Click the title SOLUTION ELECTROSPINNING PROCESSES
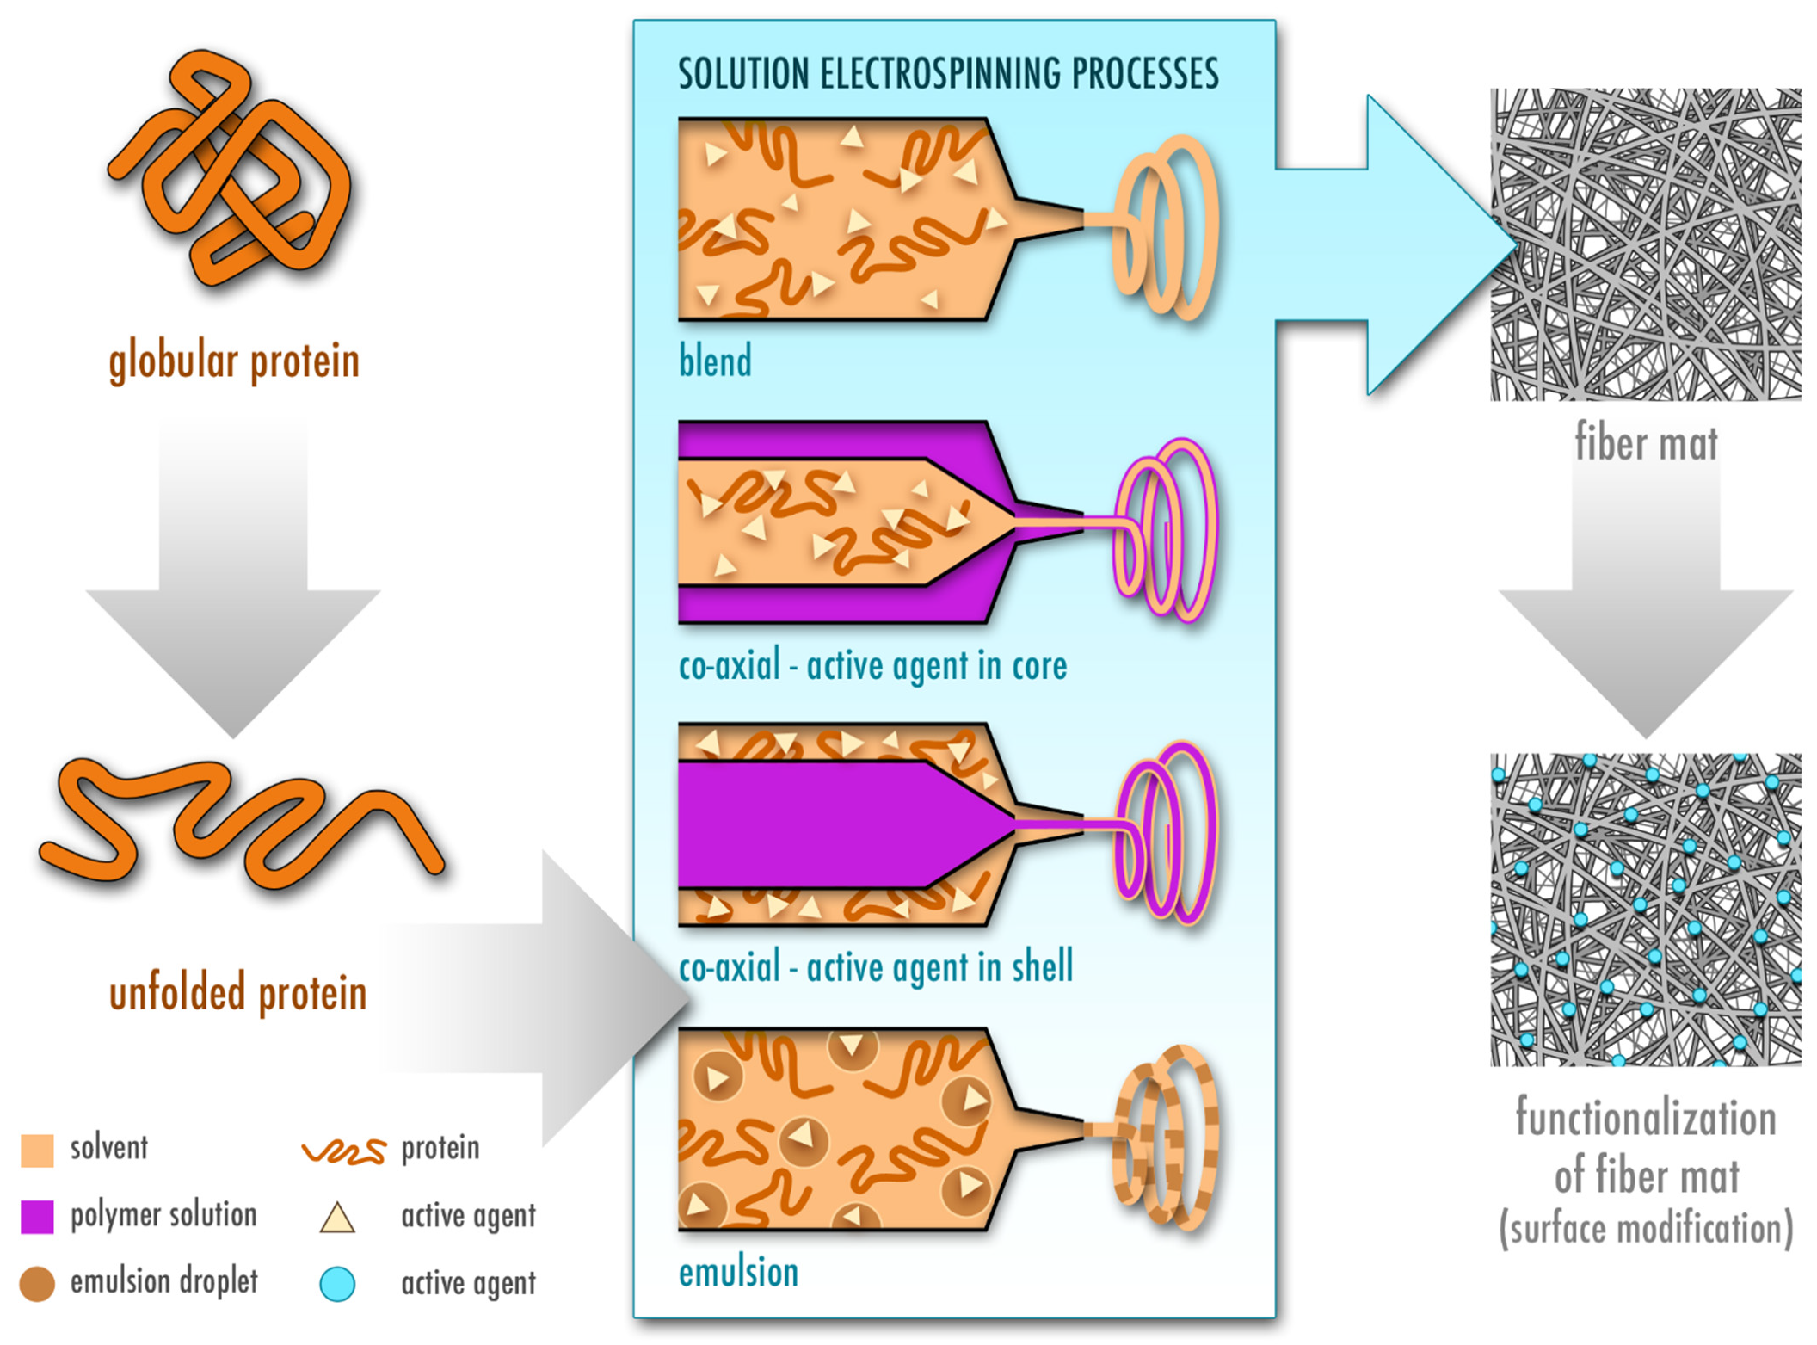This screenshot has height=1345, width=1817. click(948, 73)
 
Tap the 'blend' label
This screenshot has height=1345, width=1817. click(715, 361)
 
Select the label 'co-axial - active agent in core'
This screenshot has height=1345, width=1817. click(872, 666)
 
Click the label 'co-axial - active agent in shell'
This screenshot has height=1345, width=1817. click(876, 967)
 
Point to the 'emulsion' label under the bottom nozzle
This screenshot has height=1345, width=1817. click(738, 1273)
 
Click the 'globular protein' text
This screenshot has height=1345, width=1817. click(234, 361)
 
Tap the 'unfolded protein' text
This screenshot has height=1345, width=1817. click(237, 993)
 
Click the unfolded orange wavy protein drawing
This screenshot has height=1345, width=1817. click(241, 826)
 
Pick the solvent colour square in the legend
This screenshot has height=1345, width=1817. click(37, 1150)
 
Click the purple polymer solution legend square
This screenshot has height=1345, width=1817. click(37, 1217)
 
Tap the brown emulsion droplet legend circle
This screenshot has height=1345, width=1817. click(37, 1284)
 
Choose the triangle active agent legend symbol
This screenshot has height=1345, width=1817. click(337, 1219)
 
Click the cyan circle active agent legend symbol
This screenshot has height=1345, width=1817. click(337, 1284)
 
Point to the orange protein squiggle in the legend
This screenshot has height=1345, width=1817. click(344, 1151)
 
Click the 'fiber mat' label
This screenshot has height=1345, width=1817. click(1645, 444)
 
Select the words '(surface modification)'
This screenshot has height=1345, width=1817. click(1645, 1229)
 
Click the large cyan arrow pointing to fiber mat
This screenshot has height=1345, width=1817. click(1411, 245)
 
